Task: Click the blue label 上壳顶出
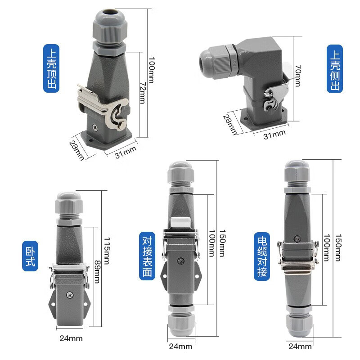pos(51,67)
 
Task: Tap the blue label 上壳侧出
pos(334,67)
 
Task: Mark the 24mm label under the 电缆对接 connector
pos(299,346)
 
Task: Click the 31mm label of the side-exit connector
pos(274,134)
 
